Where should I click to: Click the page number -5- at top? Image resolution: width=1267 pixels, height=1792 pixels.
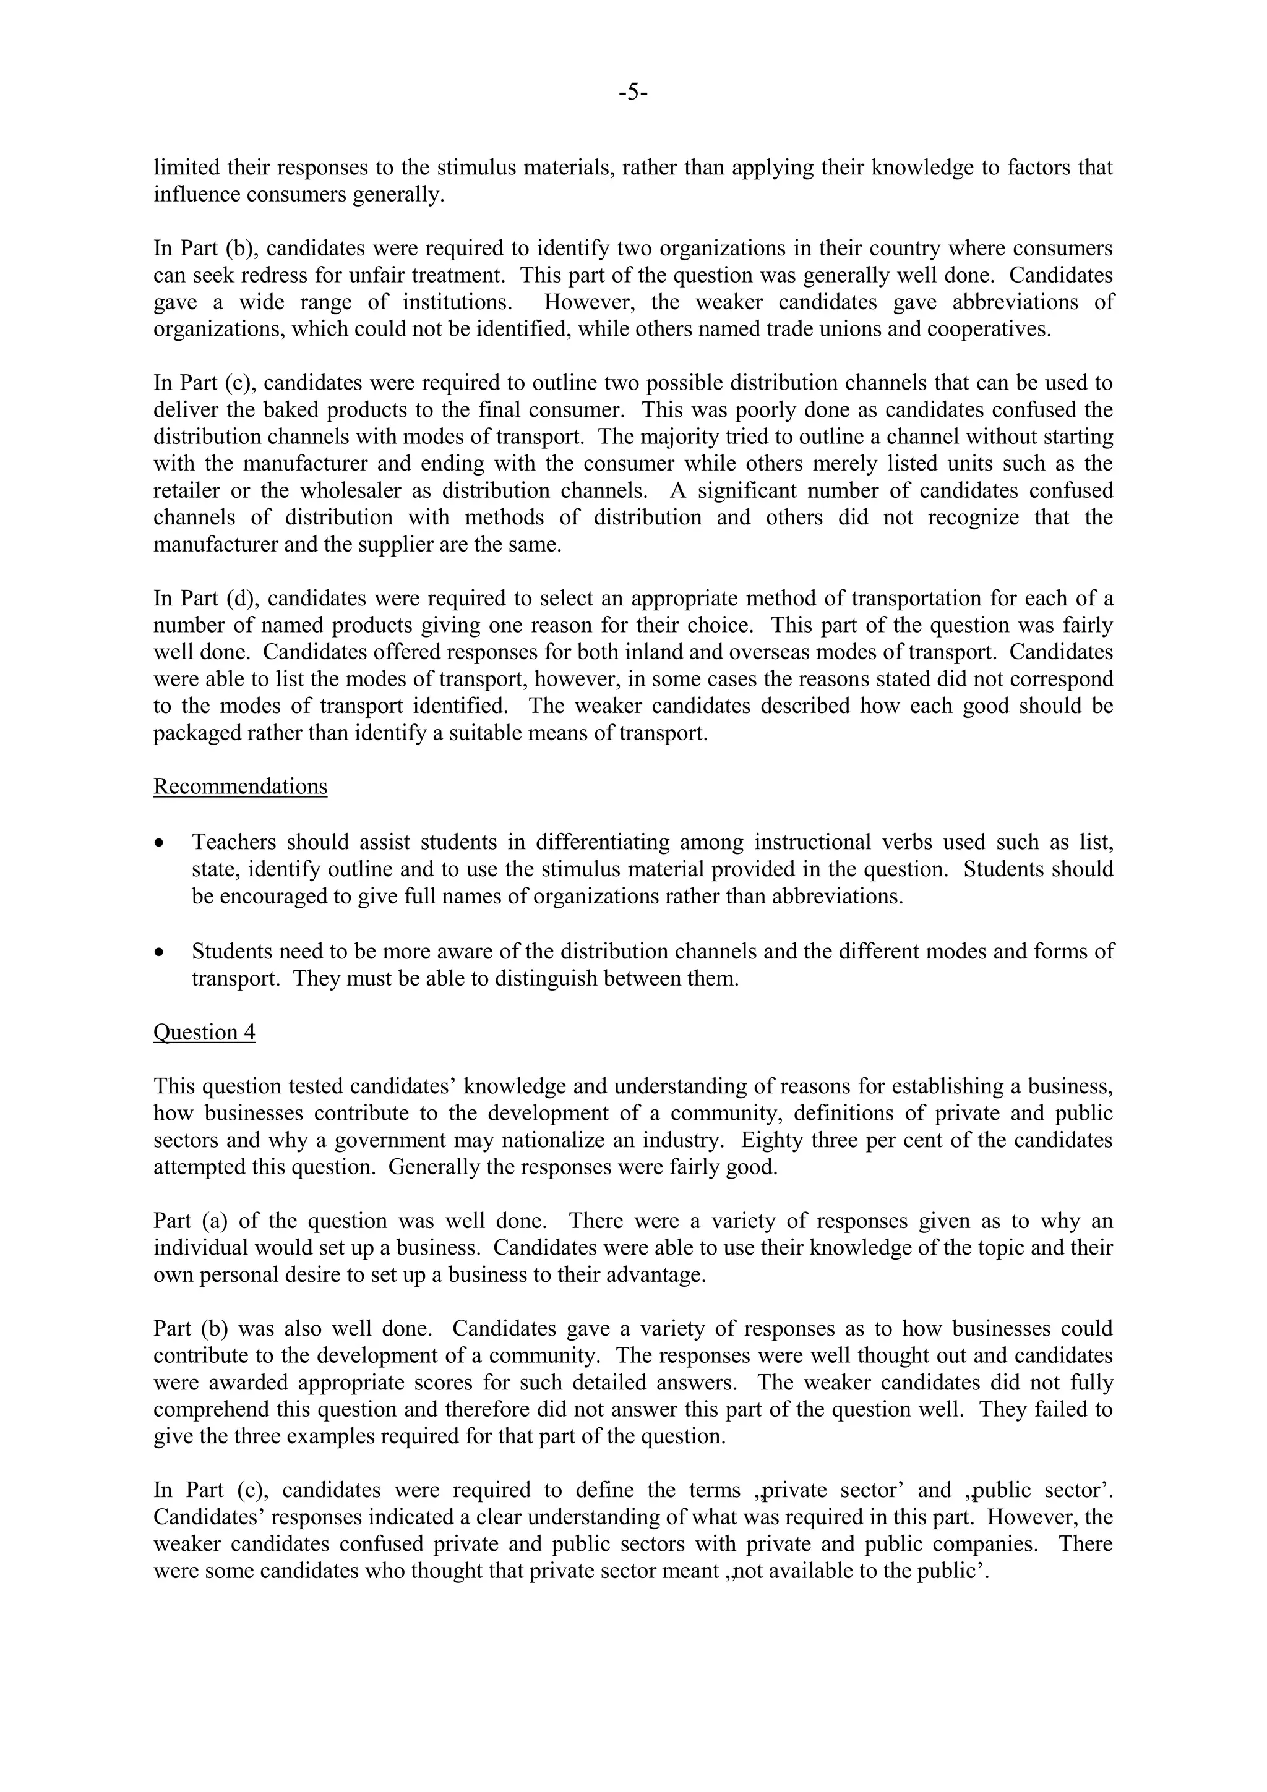pos(633,93)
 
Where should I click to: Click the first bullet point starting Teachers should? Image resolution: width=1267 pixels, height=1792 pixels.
pos(160,843)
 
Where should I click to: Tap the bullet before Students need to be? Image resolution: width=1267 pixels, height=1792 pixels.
pos(160,953)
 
